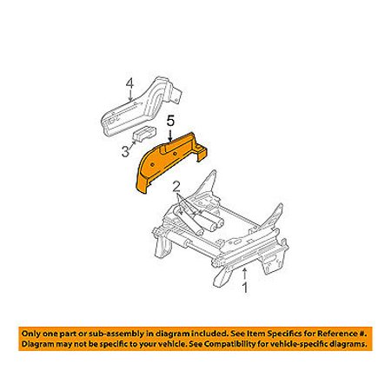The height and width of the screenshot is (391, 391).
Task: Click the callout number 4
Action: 129,84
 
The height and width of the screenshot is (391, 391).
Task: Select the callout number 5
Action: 170,122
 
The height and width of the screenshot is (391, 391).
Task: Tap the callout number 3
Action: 125,151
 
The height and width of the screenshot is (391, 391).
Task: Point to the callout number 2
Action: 176,188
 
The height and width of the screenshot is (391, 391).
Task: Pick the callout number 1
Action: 245,288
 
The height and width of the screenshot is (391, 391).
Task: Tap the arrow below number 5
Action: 170,135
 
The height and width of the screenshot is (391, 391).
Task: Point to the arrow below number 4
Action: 130,96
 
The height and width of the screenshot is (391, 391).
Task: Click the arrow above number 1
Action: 245,275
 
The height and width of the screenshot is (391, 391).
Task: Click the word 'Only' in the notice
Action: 31,334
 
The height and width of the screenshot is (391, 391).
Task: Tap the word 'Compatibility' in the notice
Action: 242,344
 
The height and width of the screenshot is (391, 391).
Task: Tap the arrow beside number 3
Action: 133,142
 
